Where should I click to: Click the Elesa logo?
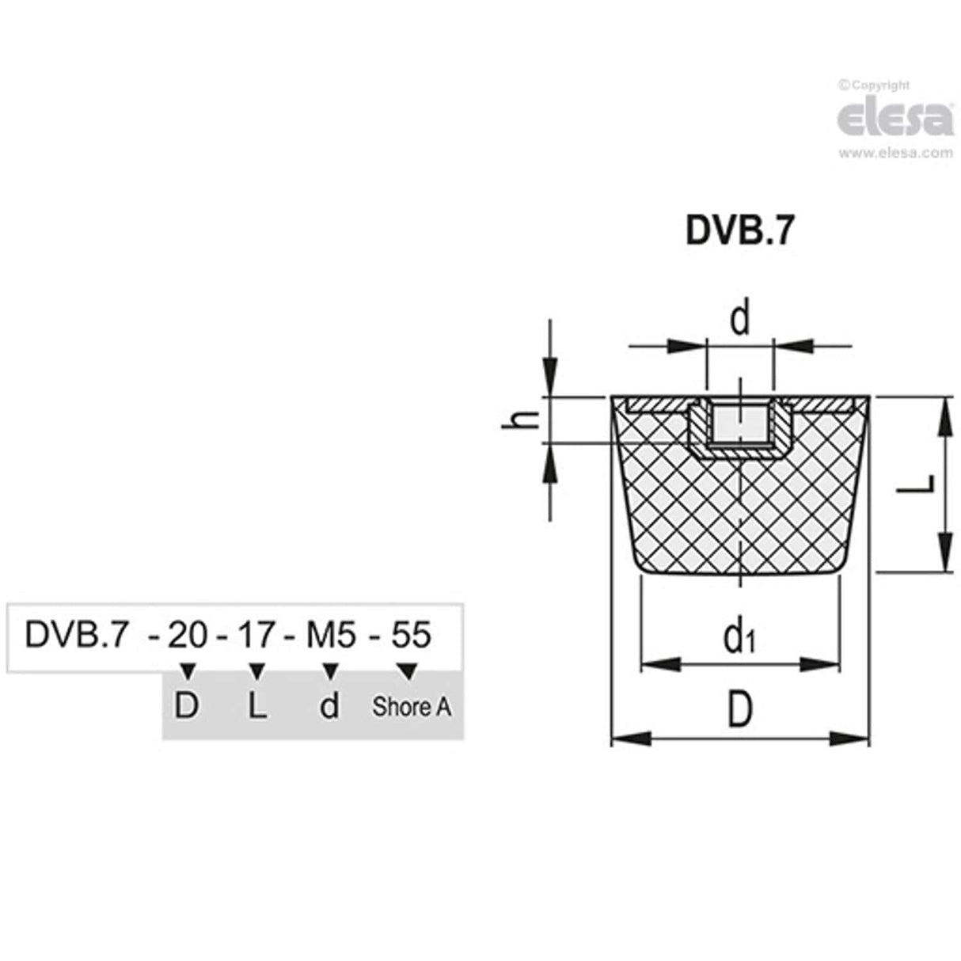[x=895, y=119]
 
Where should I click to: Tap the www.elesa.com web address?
[x=895, y=154]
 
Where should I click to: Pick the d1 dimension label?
[x=739, y=637]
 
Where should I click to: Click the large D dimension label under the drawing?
[x=739, y=713]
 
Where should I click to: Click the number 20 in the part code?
[x=187, y=635]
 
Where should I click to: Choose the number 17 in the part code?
[x=256, y=635]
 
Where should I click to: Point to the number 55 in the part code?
[x=410, y=635]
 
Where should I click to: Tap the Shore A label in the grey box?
[x=411, y=706]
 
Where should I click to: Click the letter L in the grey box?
[x=256, y=706]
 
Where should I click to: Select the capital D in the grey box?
[x=186, y=706]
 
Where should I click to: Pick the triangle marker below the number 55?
[x=408, y=671]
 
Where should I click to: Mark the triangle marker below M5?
[x=331, y=671]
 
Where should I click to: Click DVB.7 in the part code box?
[x=76, y=635]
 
